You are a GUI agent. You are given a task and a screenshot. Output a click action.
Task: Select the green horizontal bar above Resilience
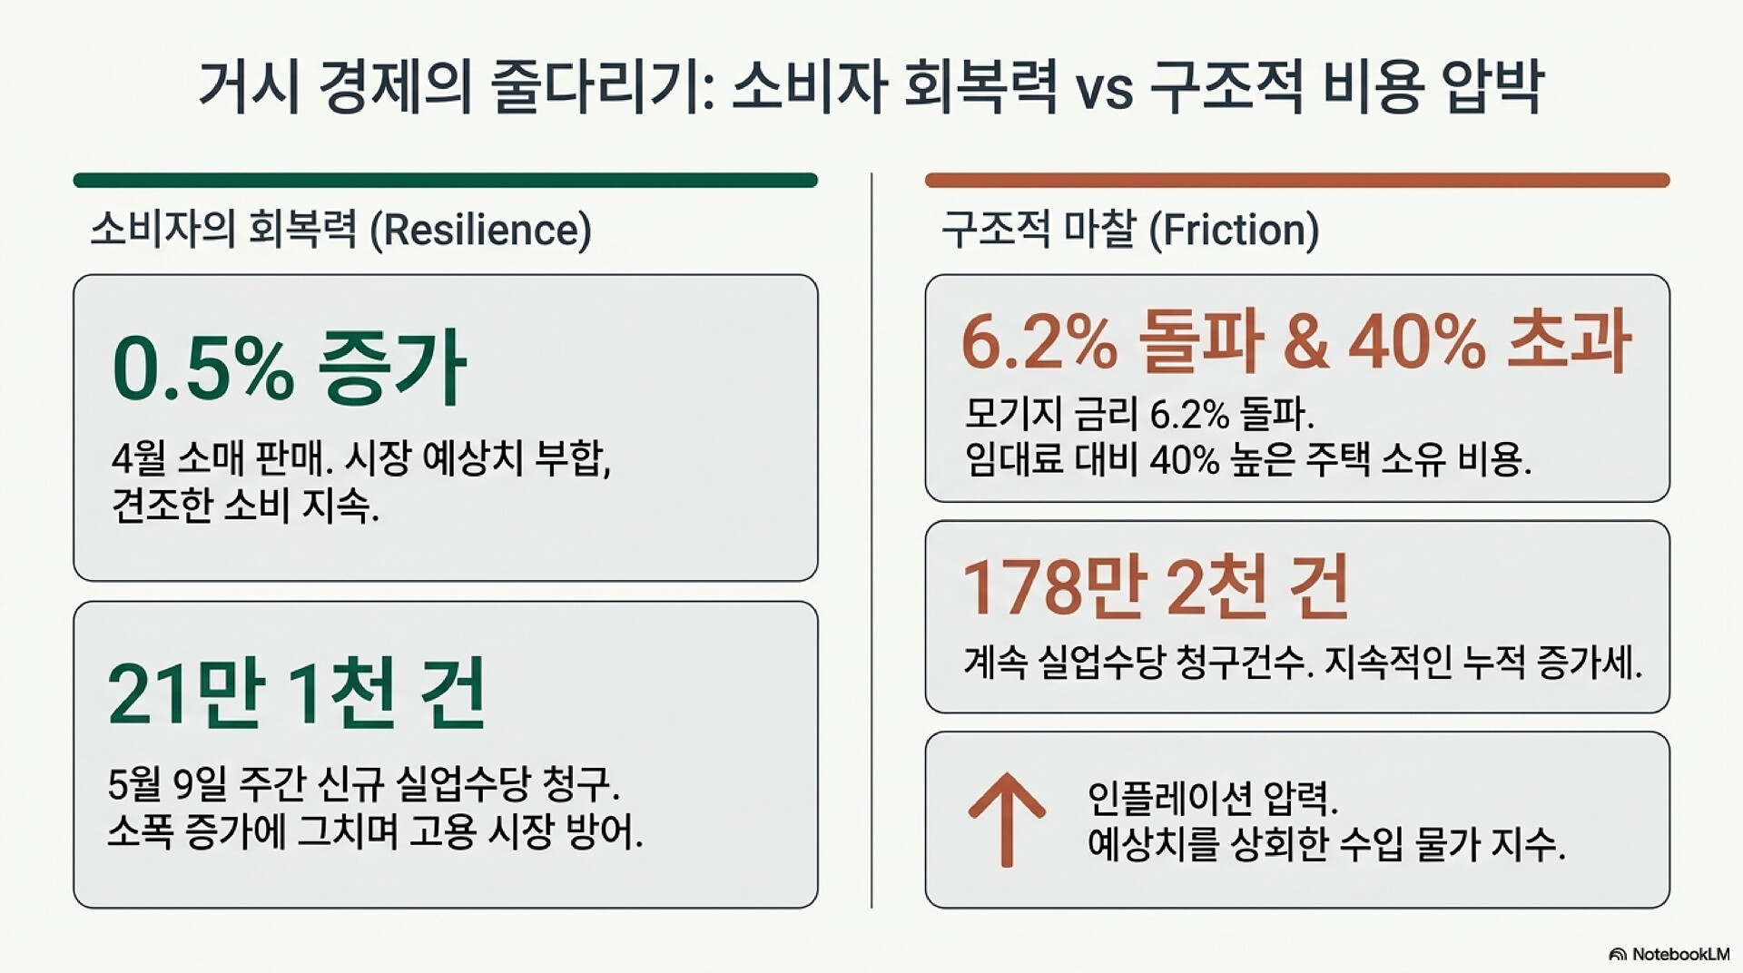(x=446, y=181)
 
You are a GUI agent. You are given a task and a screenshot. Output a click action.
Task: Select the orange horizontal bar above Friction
(x=1297, y=181)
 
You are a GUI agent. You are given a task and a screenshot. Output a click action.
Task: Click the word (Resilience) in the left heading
(x=481, y=230)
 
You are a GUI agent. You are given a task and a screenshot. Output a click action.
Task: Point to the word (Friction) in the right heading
(x=1234, y=230)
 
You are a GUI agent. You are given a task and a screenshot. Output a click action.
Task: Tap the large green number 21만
(x=186, y=694)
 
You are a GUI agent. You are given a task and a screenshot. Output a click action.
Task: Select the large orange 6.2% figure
(x=1039, y=342)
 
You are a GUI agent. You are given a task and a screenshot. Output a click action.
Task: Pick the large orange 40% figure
(x=1417, y=342)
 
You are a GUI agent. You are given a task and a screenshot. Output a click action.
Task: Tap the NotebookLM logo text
(x=1680, y=954)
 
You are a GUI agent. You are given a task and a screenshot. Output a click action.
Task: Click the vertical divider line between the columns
(x=871, y=540)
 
